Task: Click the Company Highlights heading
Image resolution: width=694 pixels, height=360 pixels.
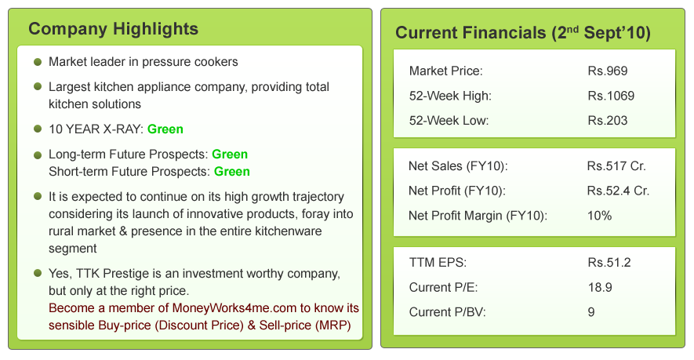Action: click(113, 29)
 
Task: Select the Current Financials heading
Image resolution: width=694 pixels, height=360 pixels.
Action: click(523, 33)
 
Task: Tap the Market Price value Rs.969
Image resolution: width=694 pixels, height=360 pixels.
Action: click(607, 71)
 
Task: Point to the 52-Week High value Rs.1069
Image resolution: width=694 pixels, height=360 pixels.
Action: click(611, 96)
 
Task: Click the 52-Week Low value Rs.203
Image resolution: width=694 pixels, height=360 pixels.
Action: click(607, 121)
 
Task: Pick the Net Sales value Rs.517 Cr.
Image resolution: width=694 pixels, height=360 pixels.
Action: click(616, 166)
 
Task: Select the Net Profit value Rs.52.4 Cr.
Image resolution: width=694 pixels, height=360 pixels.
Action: click(618, 191)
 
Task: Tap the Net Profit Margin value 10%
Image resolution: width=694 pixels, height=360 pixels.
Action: click(599, 216)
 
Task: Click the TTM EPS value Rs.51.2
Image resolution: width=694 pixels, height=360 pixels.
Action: click(609, 263)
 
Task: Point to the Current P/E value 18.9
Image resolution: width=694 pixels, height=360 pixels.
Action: click(600, 287)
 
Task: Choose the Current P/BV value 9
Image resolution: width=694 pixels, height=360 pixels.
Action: click(591, 312)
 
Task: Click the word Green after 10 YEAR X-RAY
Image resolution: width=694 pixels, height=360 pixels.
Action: click(165, 129)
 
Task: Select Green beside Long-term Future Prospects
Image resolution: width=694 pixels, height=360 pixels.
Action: click(230, 155)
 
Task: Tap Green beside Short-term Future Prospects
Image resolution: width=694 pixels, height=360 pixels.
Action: click(232, 172)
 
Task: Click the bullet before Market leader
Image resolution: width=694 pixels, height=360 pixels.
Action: click(38, 61)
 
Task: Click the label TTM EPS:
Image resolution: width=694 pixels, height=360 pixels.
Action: click(438, 263)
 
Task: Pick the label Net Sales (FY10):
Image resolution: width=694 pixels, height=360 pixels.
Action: click(458, 166)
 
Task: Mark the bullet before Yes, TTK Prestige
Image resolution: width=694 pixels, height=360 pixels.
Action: click(38, 273)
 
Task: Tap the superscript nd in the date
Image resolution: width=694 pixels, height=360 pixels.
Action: click(572, 29)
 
